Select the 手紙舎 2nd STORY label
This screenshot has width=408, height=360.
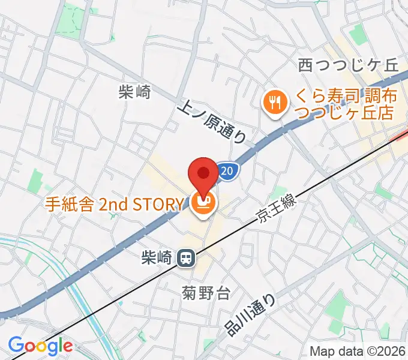tap(113, 205)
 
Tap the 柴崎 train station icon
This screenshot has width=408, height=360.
tap(185, 258)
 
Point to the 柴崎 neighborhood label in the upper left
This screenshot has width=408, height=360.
tap(134, 92)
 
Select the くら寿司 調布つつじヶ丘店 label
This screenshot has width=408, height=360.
tap(342, 104)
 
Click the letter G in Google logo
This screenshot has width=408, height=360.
tap(16, 346)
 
